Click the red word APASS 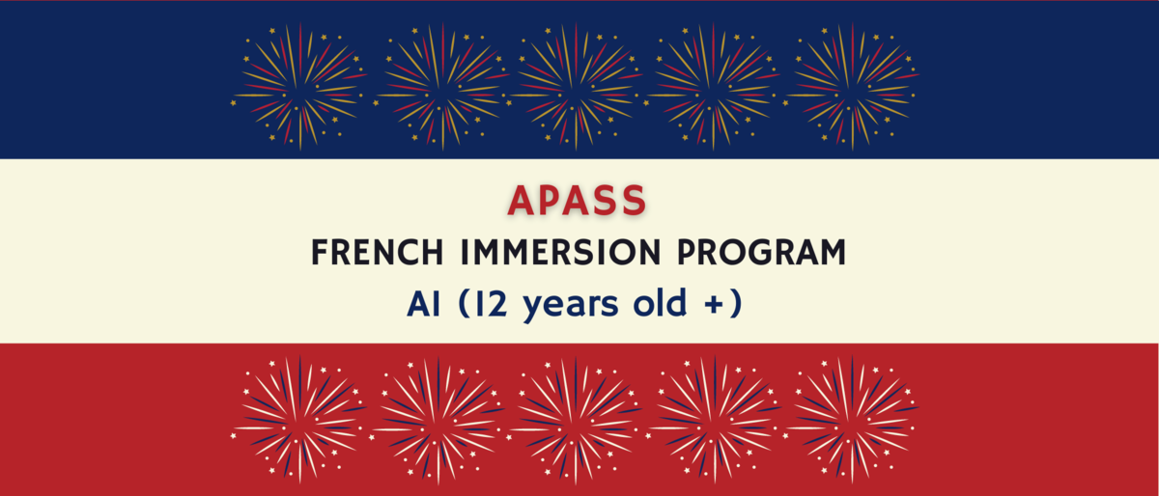[578, 200]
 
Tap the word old [651, 304]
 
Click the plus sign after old [708, 305]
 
